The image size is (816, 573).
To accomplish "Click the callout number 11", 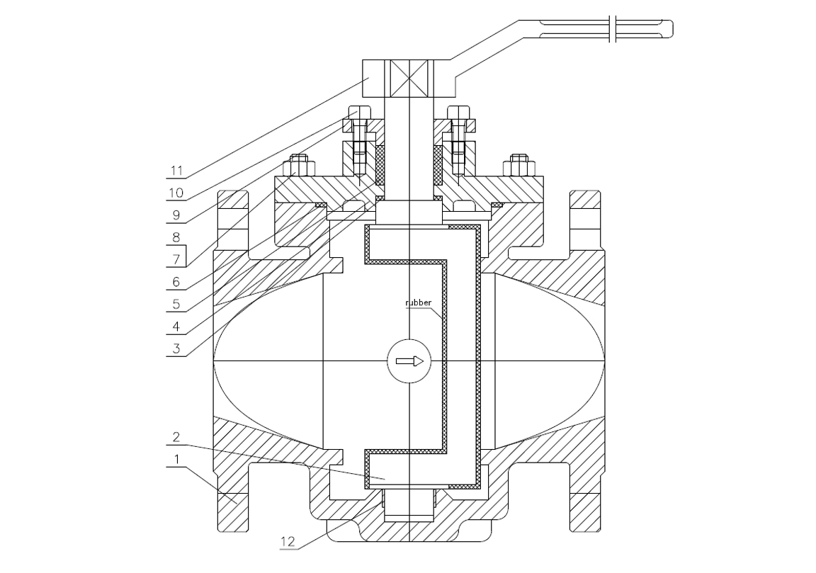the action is pos(176,171).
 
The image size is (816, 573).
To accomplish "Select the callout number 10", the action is pos(176,193).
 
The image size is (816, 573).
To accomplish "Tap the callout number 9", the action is pos(176,215).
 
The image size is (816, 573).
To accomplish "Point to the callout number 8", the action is pos(176,237).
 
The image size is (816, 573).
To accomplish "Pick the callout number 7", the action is pos(176,259).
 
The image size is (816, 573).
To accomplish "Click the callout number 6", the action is pos(176,282).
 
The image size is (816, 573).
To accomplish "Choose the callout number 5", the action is pos(176,303).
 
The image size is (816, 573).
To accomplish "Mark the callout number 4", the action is pos(176,327).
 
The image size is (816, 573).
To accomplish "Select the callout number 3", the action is pos(176,348).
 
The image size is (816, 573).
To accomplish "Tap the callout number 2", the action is pos(176,436).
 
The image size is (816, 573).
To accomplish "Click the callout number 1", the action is pos(176,459).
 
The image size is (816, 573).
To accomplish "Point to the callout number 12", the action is pos(288,541).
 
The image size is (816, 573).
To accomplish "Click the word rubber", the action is pos(419,302).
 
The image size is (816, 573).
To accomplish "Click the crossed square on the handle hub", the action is pos(409,78).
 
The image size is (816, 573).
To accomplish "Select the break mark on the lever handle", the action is pos(613,28).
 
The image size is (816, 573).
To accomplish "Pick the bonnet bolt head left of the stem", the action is pos(299,166).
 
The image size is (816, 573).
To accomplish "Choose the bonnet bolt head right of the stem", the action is pos(518,166).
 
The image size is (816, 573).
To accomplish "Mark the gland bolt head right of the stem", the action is pos(459,119).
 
